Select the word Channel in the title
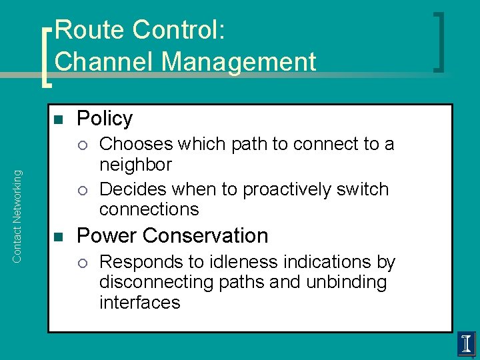[x=104, y=61]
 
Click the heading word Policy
[x=105, y=119]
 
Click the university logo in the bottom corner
[x=466, y=344]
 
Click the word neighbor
[x=135, y=165]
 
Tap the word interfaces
[x=139, y=302]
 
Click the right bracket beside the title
[x=439, y=42]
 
